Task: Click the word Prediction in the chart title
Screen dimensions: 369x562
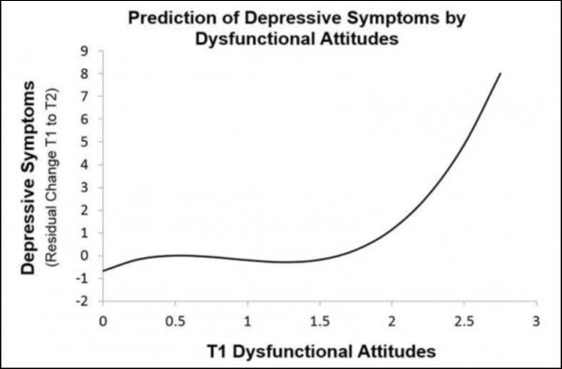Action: click(x=174, y=18)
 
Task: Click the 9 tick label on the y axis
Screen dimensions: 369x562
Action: click(x=86, y=50)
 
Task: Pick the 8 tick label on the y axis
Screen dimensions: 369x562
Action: click(x=86, y=73)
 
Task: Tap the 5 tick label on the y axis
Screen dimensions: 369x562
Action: click(x=86, y=141)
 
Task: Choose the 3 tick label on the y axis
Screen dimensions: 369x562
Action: click(x=86, y=187)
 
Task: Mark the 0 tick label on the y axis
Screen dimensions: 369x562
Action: click(x=86, y=255)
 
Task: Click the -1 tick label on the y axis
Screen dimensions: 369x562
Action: click(x=84, y=278)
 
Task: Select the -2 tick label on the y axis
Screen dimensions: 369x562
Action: click(x=84, y=301)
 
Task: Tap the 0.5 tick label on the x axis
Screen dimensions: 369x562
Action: click(x=175, y=319)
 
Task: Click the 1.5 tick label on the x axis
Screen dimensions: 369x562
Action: click(x=319, y=319)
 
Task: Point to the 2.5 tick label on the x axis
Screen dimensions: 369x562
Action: click(x=464, y=319)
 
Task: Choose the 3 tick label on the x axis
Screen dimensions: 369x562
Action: click(x=536, y=319)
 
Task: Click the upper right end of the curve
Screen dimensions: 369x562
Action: click(x=500, y=73)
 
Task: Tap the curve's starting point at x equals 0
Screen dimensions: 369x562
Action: click(x=103, y=271)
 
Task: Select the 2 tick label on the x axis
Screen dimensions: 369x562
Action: click(x=392, y=319)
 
